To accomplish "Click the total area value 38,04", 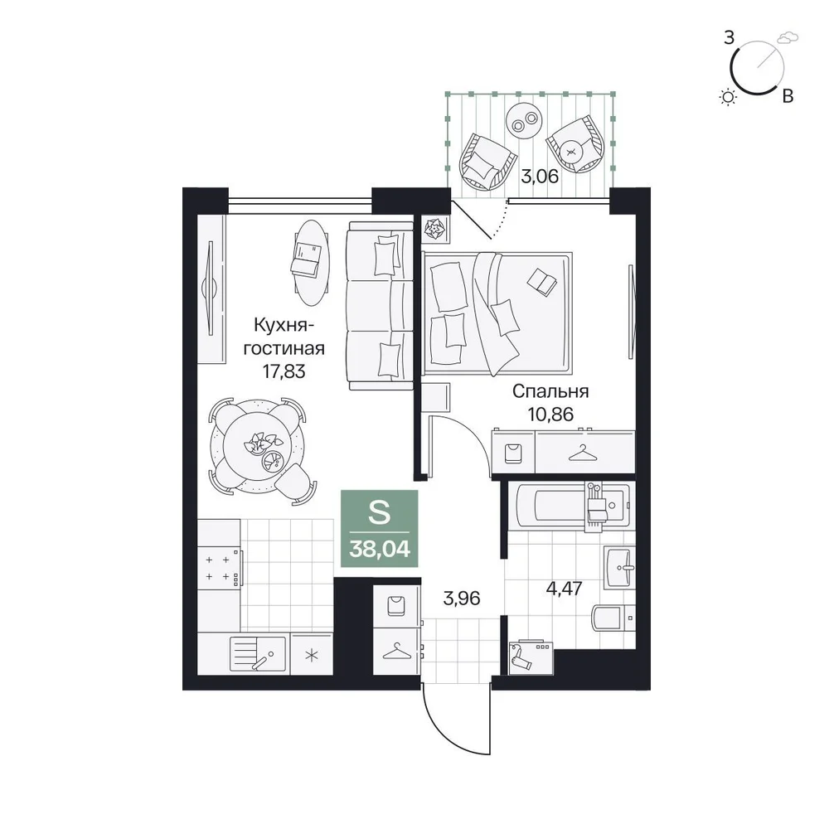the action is [x=380, y=550].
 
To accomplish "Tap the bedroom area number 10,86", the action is [x=550, y=414].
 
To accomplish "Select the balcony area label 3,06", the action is [x=540, y=176].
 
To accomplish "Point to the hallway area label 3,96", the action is [x=462, y=599].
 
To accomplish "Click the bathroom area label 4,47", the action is [x=564, y=588].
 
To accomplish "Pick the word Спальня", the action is [x=550, y=391].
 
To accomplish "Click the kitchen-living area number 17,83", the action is [x=284, y=371].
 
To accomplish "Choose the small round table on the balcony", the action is [x=523, y=119].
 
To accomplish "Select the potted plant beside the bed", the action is [x=435, y=230].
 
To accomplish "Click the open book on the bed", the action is [x=542, y=281].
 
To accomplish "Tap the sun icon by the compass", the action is [x=729, y=97].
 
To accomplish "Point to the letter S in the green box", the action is [x=379, y=512].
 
